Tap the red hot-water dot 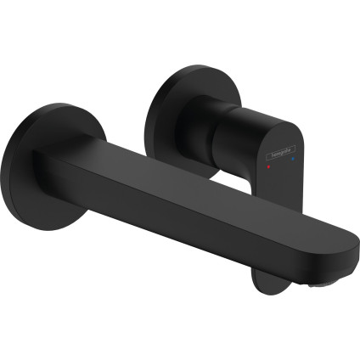tap(269, 169)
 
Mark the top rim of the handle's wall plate tap(187, 70)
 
